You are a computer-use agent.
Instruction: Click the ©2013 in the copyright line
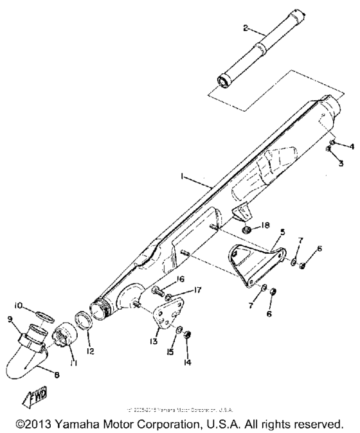pyautogui.click(x=36, y=425)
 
